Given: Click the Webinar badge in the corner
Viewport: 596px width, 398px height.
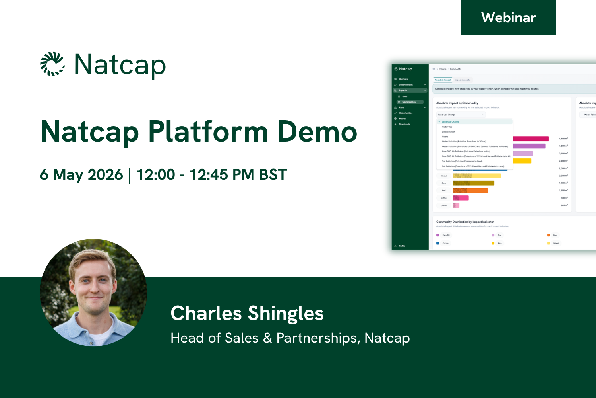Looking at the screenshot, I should tap(508, 18).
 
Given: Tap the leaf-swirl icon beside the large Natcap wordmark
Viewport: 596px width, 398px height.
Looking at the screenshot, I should tap(52, 64).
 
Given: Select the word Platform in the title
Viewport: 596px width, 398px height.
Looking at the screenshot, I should tap(208, 132).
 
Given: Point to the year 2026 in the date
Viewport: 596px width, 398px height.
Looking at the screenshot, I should tap(105, 175).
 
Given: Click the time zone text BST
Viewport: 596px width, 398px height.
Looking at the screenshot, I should tap(273, 175).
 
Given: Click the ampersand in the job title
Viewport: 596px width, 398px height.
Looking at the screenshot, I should tap(267, 338).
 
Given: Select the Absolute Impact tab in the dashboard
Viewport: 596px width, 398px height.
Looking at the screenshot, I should tap(443, 80).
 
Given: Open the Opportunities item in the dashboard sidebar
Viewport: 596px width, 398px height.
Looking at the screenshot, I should tap(406, 113).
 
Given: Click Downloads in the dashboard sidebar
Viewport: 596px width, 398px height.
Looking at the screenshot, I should tap(404, 124).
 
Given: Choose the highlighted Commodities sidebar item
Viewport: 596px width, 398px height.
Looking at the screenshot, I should tap(409, 102).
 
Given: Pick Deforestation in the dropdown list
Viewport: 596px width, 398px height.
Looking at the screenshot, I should tap(449, 132).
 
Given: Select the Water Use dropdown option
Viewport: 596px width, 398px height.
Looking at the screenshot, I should tap(447, 127).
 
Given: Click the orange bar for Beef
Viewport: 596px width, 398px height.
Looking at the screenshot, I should tap(470, 191).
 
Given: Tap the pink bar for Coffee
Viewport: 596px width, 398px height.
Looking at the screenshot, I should tap(461, 198).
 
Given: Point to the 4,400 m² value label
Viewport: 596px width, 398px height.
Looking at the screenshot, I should tap(563, 139).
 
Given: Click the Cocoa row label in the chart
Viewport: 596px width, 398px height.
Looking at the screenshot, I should tap(443, 205).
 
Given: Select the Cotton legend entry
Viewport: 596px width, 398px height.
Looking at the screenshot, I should tap(445, 243).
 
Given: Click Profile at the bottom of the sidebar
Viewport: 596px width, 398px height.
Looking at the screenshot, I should tap(402, 246).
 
